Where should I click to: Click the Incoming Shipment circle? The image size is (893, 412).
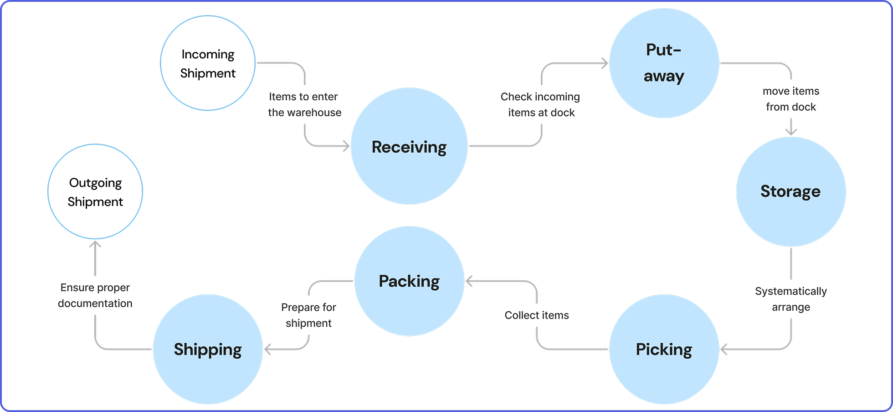(208, 63)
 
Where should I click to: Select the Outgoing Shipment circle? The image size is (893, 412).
(95, 191)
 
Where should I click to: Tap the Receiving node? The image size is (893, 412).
(409, 146)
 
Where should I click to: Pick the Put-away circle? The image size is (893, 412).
(664, 63)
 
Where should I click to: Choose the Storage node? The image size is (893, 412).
(790, 191)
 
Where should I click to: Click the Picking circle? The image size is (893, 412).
(664, 349)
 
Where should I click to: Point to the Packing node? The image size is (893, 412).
(409, 281)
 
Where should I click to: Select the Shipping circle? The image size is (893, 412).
(208, 349)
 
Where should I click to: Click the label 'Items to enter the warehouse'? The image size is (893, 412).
(304, 104)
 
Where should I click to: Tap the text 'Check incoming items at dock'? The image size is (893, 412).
(541, 104)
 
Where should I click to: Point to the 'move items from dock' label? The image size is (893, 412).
(791, 99)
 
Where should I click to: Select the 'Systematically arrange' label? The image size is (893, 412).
(791, 299)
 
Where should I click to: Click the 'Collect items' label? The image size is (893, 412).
(537, 315)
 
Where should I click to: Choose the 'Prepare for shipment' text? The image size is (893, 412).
(308, 315)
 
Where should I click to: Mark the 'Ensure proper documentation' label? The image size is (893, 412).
(95, 295)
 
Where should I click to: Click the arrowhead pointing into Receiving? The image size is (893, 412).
(346, 146)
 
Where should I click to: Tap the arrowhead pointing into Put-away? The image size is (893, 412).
(605, 63)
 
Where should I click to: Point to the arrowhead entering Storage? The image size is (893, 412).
(791, 132)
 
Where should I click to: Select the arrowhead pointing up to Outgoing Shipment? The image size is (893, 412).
(95, 245)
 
